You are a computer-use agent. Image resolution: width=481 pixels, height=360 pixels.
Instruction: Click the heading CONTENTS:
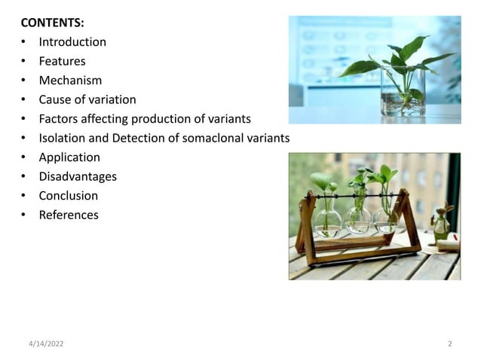pyautogui.click(x=52, y=23)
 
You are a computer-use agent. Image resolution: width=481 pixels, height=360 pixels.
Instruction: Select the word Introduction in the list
pyautogui.click(x=72, y=42)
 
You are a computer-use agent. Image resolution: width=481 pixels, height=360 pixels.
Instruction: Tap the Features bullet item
pyautogui.click(x=62, y=61)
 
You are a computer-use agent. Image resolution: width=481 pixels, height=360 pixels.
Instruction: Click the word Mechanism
pyautogui.click(x=70, y=81)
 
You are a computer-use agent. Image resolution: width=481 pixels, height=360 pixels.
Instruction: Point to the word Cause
pyautogui.click(x=56, y=99)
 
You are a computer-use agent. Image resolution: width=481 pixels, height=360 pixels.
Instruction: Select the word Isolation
pyautogui.click(x=63, y=138)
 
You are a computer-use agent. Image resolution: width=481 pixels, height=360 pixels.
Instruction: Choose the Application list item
pyautogui.click(x=69, y=157)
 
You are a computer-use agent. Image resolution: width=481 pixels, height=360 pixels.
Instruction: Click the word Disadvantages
pyautogui.click(x=78, y=176)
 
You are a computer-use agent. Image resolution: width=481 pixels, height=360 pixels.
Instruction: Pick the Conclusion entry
pyautogui.click(x=68, y=196)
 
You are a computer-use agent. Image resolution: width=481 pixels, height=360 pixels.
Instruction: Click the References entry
pyautogui.click(x=69, y=215)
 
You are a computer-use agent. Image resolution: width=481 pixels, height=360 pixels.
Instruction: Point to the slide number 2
pyautogui.click(x=450, y=343)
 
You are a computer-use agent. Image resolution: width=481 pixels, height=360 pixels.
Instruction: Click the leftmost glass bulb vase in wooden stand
pyautogui.click(x=327, y=218)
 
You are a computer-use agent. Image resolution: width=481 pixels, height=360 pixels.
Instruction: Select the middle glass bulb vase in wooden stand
pyautogui.click(x=358, y=218)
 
